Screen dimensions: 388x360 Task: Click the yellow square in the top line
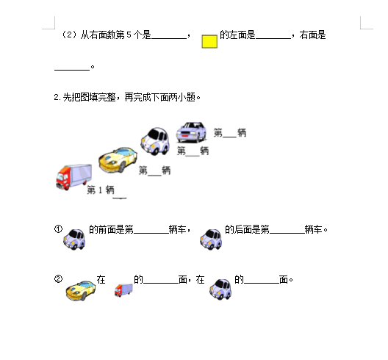click(x=209, y=41)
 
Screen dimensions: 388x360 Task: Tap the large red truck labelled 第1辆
click(x=73, y=176)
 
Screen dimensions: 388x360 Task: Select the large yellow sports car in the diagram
click(x=118, y=160)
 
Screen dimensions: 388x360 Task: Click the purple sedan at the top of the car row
click(x=191, y=132)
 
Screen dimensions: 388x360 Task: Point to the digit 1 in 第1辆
click(x=100, y=190)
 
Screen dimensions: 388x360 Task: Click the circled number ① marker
click(x=58, y=229)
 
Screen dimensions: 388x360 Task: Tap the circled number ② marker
click(x=58, y=279)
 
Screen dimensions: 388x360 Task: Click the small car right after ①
click(x=74, y=239)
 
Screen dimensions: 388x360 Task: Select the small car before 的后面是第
click(x=211, y=240)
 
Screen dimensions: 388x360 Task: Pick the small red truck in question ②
click(x=123, y=290)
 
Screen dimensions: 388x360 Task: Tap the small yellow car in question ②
click(x=81, y=290)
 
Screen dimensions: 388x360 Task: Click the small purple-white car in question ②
click(x=220, y=289)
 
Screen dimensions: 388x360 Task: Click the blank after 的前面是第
click(x=151, y=233)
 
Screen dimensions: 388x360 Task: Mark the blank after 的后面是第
click(x=287, y=233)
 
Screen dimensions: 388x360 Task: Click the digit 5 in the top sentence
click(x=129, y=35)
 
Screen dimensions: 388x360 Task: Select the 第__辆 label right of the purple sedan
click(x=230, y=133)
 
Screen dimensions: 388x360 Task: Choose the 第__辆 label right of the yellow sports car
click(x=154, y=170)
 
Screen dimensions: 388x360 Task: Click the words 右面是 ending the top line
click(x=312, y=35)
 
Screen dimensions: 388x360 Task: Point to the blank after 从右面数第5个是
click(x=169, y=38)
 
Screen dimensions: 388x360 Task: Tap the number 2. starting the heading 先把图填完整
click(x=57, y=97)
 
